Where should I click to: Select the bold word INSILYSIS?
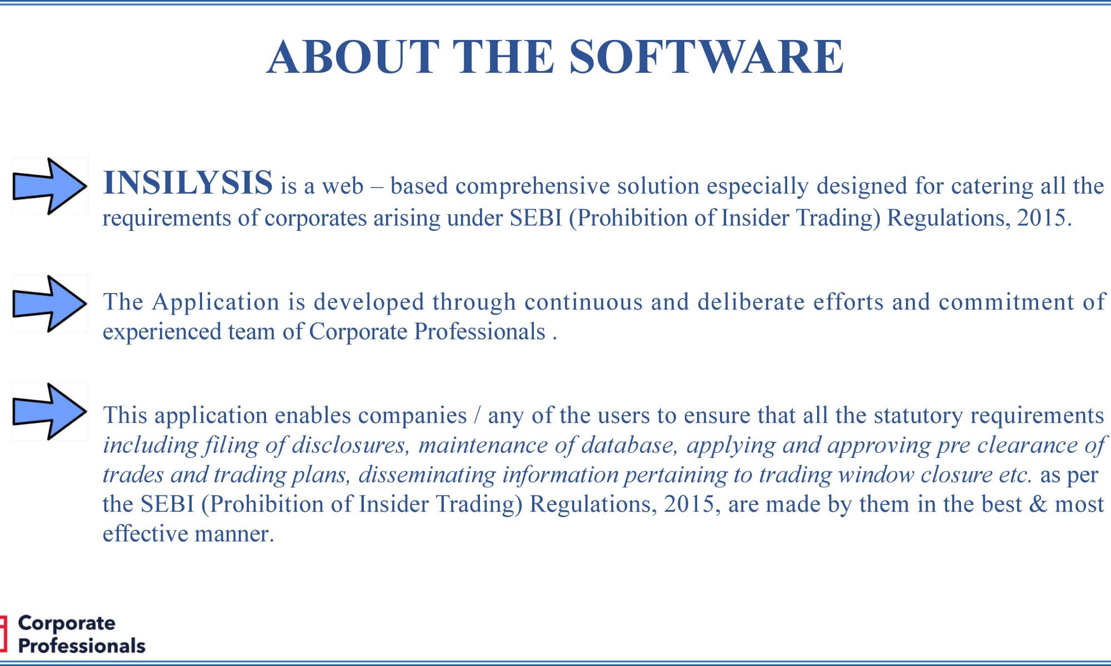tap(188, 183)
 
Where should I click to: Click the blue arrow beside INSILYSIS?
tap(50, 186)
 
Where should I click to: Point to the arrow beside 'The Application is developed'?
tap(50, 304)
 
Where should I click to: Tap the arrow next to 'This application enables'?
tap(50, 411)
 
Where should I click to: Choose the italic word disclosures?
tap(351, 445)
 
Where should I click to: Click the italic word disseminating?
tap(427, 475)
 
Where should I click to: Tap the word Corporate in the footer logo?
tap(67, 623)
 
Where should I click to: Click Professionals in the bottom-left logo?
tap(82, 646)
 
